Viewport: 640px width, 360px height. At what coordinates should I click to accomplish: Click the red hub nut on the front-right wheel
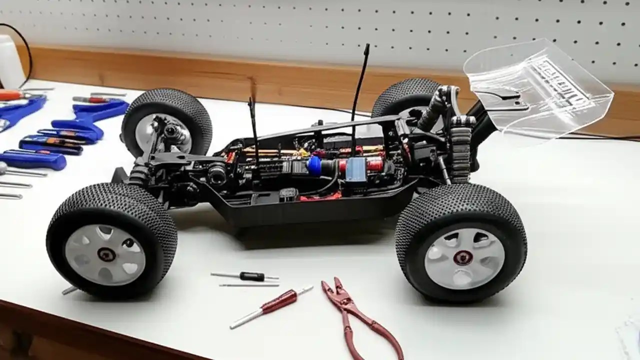(463, 257)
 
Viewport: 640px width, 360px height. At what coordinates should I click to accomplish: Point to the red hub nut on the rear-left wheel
(106, 254)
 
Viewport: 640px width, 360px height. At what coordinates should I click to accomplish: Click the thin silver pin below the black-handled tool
(249, 285)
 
